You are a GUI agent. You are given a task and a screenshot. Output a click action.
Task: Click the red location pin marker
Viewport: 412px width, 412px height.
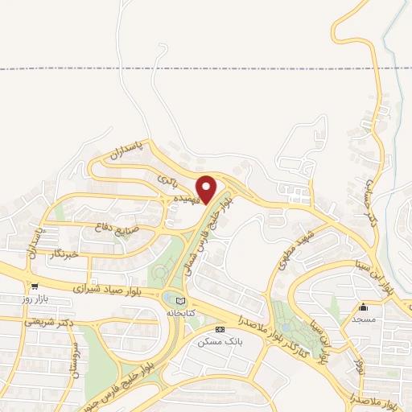[207, 190]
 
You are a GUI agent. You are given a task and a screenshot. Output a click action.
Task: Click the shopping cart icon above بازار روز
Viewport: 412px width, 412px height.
[35, 286]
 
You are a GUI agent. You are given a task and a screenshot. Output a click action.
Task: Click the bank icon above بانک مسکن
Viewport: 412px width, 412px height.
[219, 330]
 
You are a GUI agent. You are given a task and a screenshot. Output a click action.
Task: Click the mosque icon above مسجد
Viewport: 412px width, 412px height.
[363, 306]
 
